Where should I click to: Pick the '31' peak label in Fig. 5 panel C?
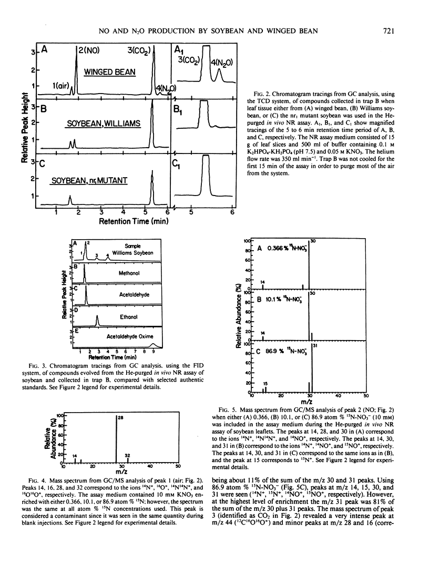click(x=313, y=345)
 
